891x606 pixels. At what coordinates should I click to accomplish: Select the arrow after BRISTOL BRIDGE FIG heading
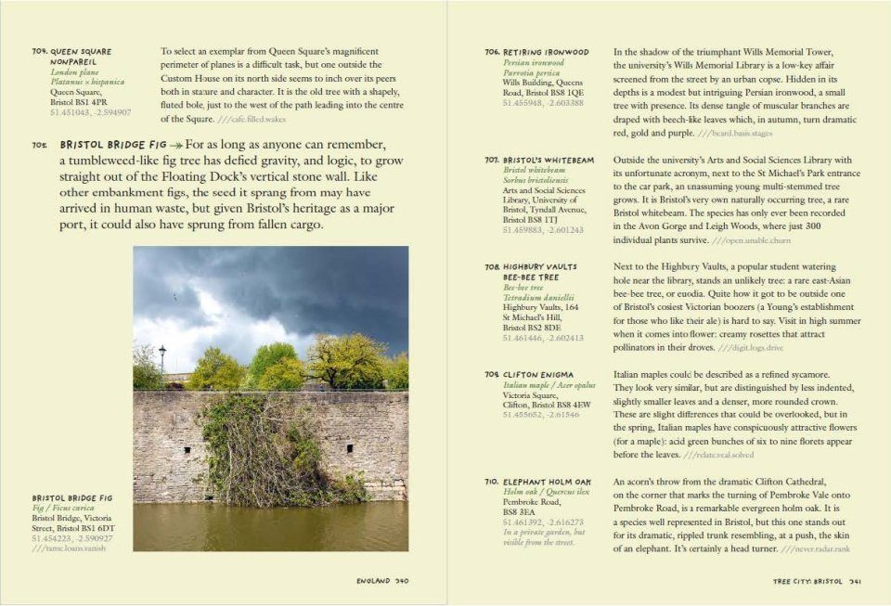[x=175, y=146]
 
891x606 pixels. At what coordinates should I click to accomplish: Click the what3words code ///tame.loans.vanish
[x=69, y=548]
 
